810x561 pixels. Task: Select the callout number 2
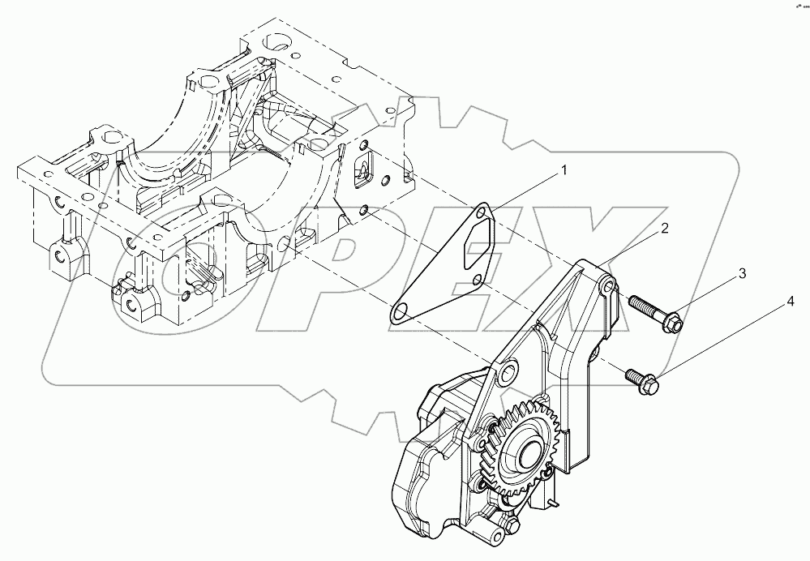tap(663, 228)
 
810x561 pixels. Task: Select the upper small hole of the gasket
tap(484, 213)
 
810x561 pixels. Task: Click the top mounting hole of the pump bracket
tap(608, 288)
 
